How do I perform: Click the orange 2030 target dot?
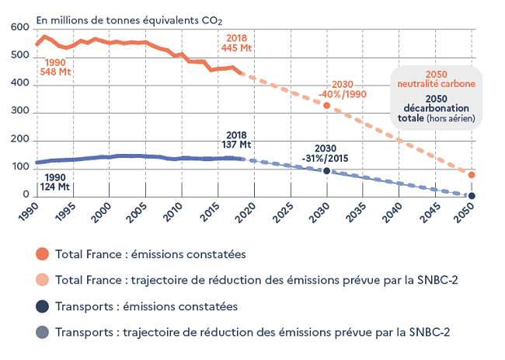[327, 105]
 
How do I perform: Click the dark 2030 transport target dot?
[327, 171]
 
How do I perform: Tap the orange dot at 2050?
[472, 175]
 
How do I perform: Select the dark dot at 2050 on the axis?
[472, 195]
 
